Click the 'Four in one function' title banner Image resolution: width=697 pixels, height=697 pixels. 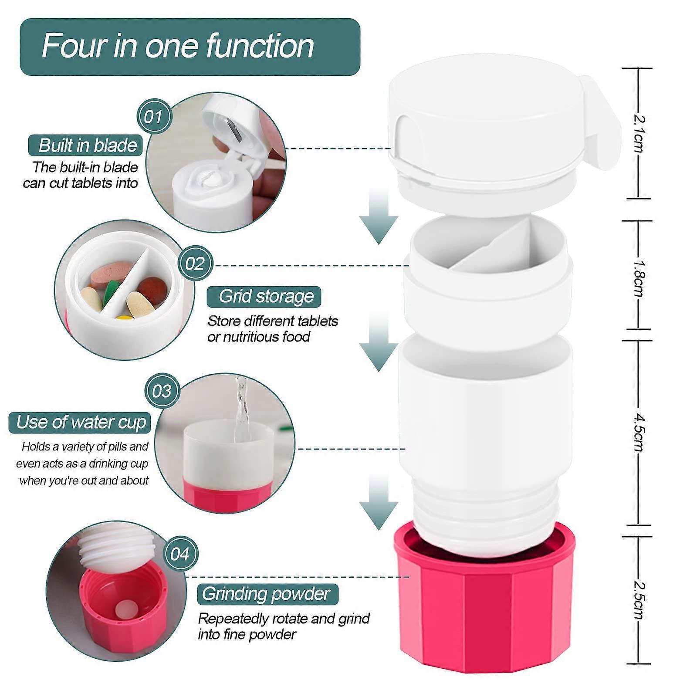point(190,47)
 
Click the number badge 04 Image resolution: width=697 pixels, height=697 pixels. point(181,554)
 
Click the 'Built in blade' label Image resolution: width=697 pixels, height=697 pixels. point(86,145)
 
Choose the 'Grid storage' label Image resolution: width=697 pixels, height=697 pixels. point(264,297)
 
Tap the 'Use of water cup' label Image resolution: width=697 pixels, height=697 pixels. point(80,423)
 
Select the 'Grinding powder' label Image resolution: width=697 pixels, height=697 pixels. point(267,594)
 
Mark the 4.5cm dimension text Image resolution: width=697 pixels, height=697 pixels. point(639,432)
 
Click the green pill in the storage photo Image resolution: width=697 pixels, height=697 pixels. point(112,291)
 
